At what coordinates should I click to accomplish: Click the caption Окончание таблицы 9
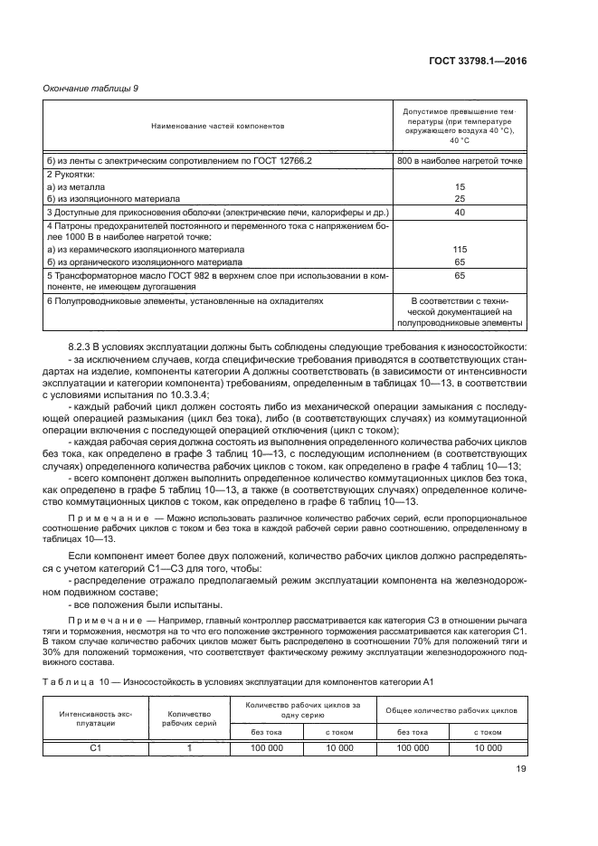[88, 88]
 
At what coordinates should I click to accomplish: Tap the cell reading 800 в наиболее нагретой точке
[460, 159]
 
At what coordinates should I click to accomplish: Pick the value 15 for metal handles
[460, 185]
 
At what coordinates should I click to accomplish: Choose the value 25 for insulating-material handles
[460, 198]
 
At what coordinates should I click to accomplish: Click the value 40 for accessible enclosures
[460, 212]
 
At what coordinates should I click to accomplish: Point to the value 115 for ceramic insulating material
[460, 249]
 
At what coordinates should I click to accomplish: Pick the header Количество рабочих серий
[189, 718]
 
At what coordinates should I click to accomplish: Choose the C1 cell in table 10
[96, 748]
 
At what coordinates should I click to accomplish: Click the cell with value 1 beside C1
[189, 748]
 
